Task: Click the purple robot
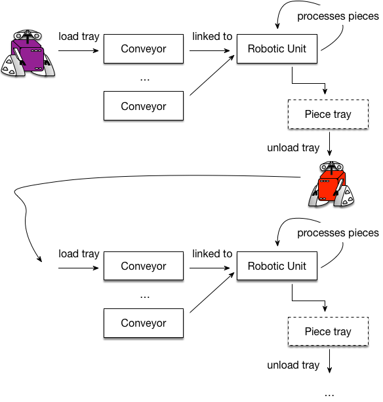(28, 53)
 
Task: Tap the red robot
(331, 184)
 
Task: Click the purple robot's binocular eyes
(28, 35)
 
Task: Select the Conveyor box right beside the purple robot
(144, 48)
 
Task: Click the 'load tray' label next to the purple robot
(79, 37)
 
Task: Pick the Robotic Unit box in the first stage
(277, 48)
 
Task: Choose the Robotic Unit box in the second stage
(277, 266)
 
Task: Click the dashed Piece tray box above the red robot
(328, 114)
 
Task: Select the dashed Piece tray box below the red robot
(328, 331)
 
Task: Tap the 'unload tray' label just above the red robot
(293, 148)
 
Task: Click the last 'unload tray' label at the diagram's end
(293, 365)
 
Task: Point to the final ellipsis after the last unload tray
(329, 395)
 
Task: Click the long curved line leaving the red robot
(129, 176)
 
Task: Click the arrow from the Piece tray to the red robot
(330, 144)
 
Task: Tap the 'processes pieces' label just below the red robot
(338, 233)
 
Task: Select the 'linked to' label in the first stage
(212, 37)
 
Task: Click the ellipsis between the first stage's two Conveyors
(145, 80)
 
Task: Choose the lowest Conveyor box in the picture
(144, 323)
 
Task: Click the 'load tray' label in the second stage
(79, 253)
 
